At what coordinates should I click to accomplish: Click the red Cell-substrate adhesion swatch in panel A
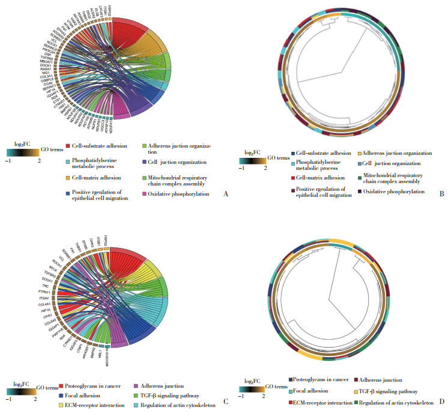pyautogui.click(x=69, y=146)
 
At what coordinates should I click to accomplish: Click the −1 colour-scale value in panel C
pyautogui.click(x=10, y=399)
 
